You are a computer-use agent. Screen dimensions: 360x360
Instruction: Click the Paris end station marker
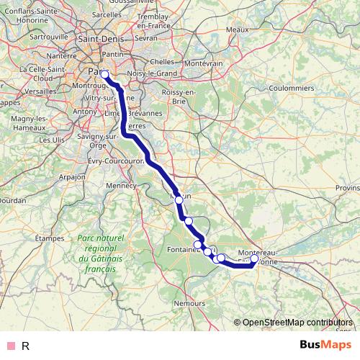104,74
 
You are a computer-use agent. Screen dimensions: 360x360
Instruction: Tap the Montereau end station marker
254,258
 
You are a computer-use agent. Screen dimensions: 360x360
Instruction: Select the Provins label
347,188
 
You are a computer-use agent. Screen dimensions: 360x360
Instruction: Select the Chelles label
162,63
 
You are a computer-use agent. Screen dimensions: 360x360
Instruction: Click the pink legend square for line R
10,346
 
